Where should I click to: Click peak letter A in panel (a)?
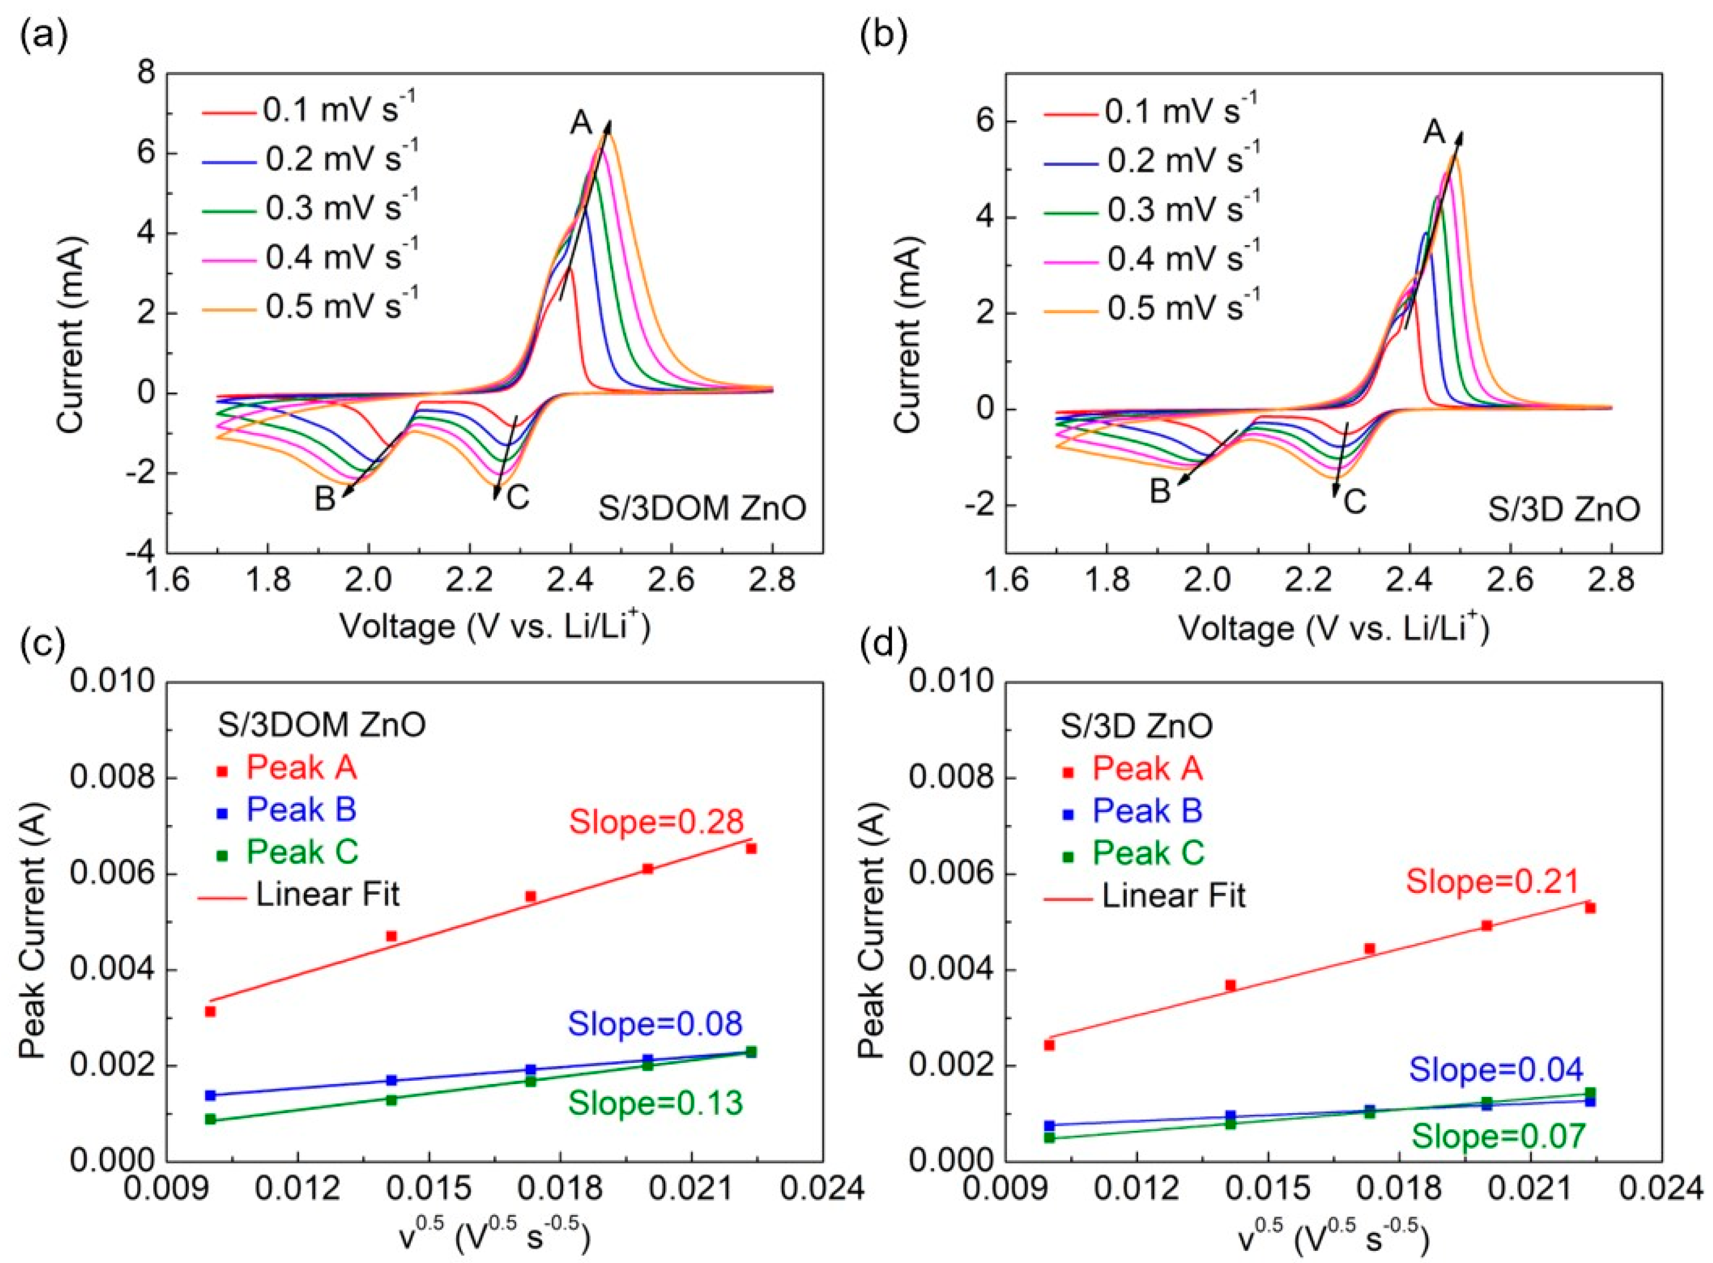pos(580,122)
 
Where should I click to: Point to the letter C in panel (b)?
pos(1354,502)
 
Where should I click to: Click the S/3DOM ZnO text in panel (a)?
pos(702,508)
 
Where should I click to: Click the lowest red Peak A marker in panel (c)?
pos(210,1012)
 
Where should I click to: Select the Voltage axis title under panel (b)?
pos(1334,629)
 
